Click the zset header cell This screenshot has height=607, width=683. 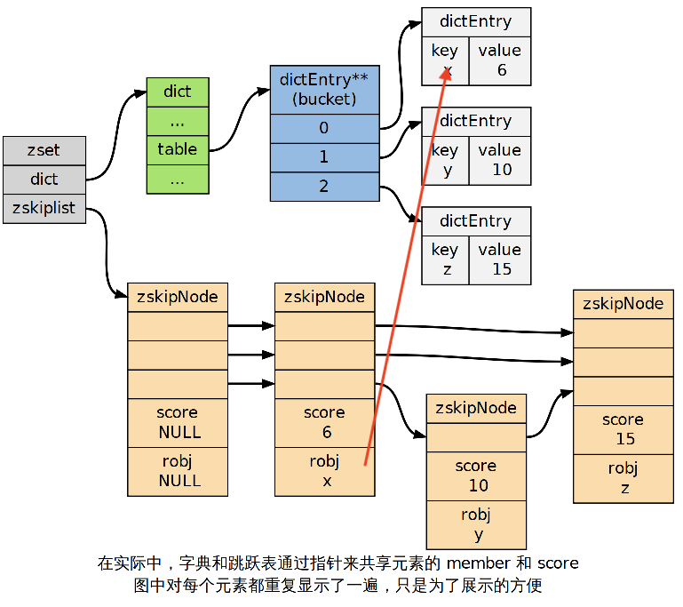coord(44,150)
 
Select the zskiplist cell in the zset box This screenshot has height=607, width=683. coord(44,208)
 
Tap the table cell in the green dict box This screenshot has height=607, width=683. coord(178,149)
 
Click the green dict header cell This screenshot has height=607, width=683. coord(178,92)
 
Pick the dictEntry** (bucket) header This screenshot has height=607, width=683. coord(324,89)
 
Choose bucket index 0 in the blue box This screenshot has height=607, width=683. coord(324,128)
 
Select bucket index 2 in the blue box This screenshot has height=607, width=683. coord(324,186)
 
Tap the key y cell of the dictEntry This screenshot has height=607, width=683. coord(445,160)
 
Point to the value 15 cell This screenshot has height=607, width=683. coord(500,260)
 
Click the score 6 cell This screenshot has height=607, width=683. coord(325,423)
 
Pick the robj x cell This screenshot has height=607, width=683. coord(325,471)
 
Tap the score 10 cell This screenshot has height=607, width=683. coord(477,476)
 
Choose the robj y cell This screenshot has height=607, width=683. coord(477,524)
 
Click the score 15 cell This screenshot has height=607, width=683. coord(623,429)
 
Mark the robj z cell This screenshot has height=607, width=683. coord(623,478)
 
